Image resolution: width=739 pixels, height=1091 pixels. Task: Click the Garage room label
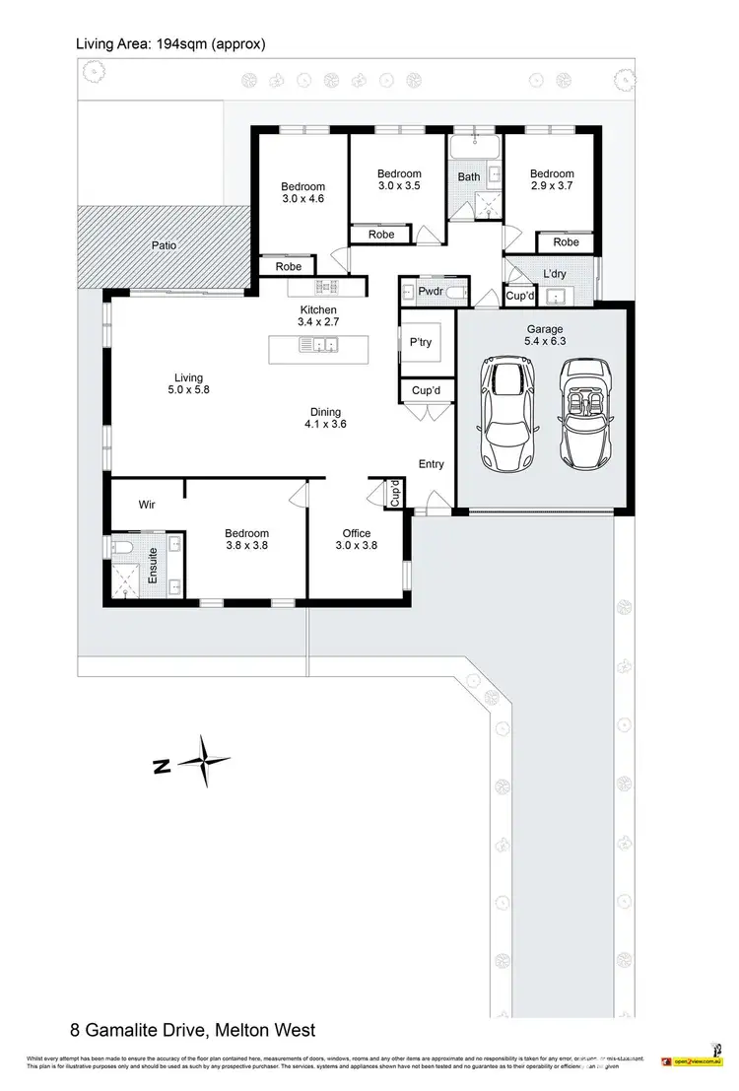[x=544, y=336]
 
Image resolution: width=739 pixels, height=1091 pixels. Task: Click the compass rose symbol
[x=204, y=762]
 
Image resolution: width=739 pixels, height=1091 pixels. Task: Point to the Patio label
[x=164, y=245]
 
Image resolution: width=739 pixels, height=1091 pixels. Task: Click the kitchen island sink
[x=319, y=345]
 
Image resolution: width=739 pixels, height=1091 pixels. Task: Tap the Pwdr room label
[x=429, y=293]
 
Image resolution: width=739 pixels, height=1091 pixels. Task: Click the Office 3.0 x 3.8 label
[x=356, y=539]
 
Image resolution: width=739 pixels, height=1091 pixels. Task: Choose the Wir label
[x=147, y=504]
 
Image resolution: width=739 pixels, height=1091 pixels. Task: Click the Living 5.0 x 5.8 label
[x=188, y=384]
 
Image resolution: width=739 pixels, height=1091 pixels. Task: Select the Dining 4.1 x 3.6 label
[x=325, y=418]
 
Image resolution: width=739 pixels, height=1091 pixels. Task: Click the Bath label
[x=468, y=177]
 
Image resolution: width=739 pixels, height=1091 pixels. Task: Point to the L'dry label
[x=554, y=274]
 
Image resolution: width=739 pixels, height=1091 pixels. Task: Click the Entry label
[x=431, y=464]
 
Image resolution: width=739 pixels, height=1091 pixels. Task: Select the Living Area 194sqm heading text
[x=170, y=44]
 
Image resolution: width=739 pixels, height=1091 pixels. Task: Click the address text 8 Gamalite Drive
[x=193, y=1030]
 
